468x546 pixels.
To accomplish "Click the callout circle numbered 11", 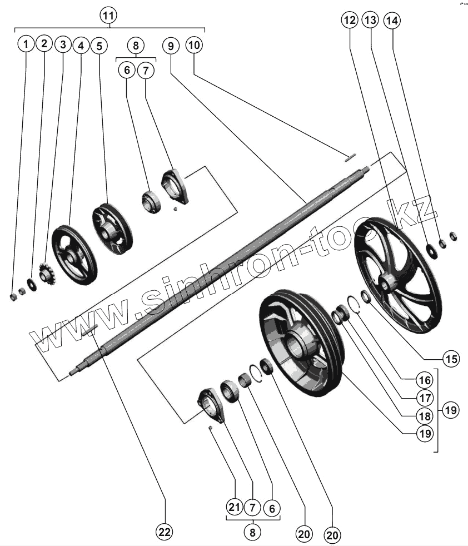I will point(109,15).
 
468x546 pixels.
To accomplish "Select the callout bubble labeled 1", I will point(26,44).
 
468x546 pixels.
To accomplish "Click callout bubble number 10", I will point(193,45).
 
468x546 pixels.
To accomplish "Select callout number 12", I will point(349,21).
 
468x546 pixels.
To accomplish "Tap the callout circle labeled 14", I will point(392,21).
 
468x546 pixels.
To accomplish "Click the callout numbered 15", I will point(452,359).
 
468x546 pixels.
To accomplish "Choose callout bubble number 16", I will point(424,380).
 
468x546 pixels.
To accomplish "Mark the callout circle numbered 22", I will point(163,532).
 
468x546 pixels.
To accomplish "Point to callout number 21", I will point(235,507).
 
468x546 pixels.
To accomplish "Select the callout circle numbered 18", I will point(424,415).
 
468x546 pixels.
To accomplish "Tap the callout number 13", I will point(370,21).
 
